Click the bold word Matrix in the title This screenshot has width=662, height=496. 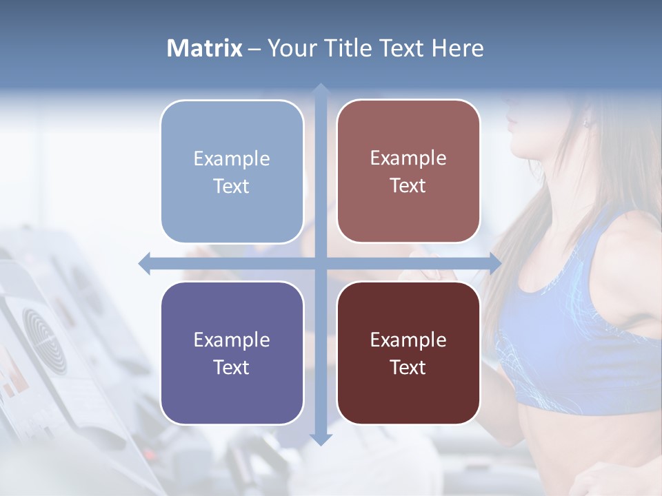click(205, 48)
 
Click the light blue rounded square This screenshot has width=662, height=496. click(232, 172)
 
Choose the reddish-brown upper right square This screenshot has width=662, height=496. click(408, 172)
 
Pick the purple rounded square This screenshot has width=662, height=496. click(232, 353)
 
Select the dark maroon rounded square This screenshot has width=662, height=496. click(408, 353)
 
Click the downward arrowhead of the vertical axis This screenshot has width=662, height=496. click(320, 439)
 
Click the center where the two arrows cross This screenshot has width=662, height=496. click(320, 263)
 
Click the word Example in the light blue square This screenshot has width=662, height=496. click(232, 158)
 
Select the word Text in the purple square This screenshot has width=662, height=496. click(232, 367)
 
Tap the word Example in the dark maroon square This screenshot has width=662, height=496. click(408, 340)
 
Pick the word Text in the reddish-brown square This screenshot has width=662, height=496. click(408, 186)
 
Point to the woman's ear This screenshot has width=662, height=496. click(588, 123)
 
